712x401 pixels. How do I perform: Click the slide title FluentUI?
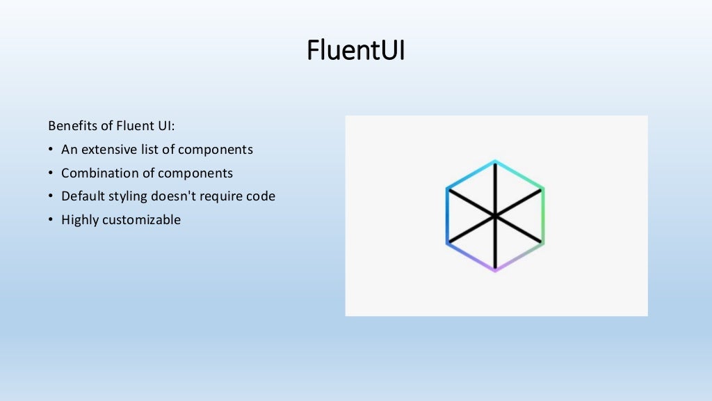(x=355, y=51)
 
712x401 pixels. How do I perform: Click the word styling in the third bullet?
(x=127, y=197)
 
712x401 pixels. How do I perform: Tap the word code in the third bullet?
(x=261, y=196)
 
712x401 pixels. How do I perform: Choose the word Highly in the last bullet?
(x=80, y=221)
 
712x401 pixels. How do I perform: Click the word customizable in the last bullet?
(x=141, y=220)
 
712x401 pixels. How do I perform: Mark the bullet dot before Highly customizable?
(x=51, y=221)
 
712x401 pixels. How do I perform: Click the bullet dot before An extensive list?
(x=51, y=150)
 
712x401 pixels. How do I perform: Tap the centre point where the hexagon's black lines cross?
(x=495, y=216)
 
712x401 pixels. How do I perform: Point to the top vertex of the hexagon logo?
(x=495, y=161)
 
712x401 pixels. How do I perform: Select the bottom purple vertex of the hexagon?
(x=495, y=270)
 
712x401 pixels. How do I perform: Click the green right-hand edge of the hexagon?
(x=543, y=216)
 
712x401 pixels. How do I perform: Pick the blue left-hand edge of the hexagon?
(x=447, y=216)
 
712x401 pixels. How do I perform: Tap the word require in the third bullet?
(x=222, y=197)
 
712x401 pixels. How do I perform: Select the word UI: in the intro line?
(x=166, y=126)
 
